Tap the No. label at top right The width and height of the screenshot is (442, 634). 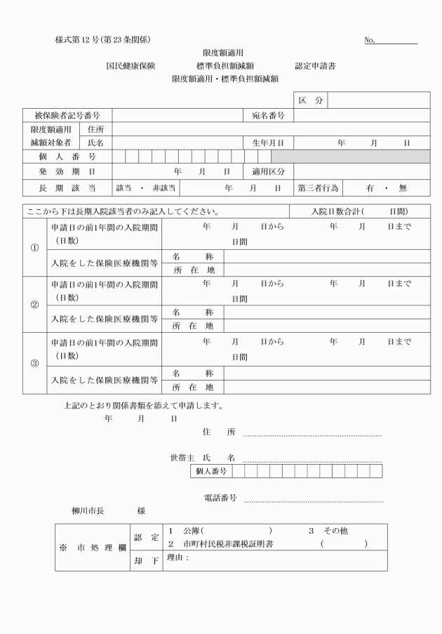(x=370, y=40)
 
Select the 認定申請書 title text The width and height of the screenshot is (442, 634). (x=315, y=65)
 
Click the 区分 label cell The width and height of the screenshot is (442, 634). (x=310, y=101)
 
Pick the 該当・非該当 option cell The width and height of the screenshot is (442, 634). (x=145, y=188)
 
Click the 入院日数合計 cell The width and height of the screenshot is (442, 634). (x=360, y=211)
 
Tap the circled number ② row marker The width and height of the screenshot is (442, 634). (x=34, y=305)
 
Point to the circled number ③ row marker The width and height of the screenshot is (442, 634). (x=34, y=364)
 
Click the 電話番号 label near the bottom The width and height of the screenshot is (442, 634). (x=220, y=498)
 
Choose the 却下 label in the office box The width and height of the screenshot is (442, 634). (x=146, y=560)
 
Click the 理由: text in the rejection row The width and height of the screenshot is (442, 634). (x=178, y=558)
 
